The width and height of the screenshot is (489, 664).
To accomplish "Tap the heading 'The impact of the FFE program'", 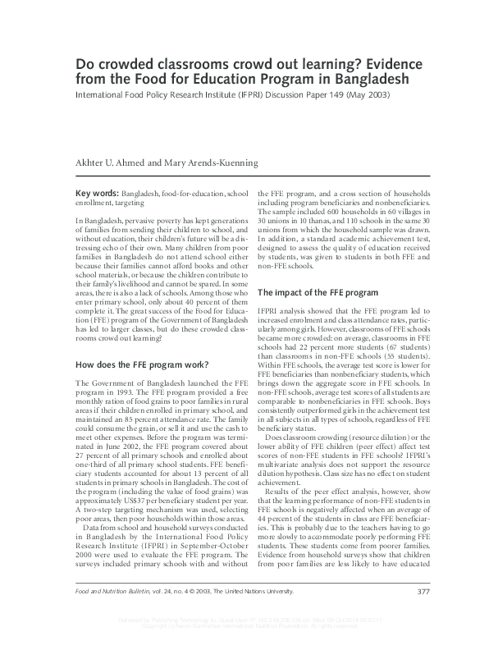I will click(x=318, y=292).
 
